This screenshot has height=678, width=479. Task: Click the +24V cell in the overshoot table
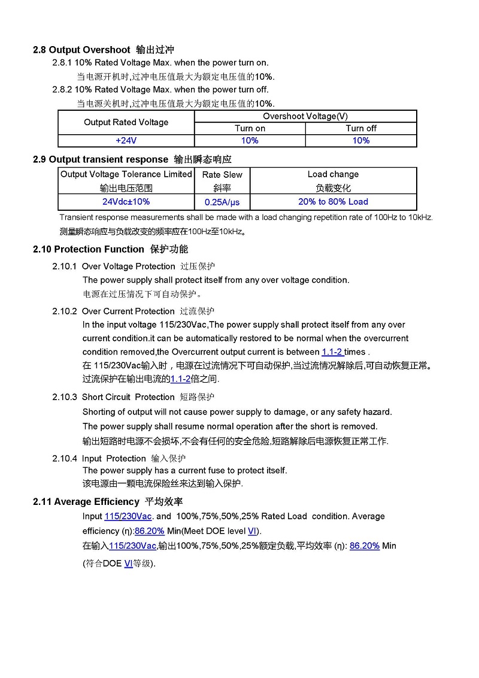click(126, 141)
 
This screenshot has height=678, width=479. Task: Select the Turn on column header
click(250, 128)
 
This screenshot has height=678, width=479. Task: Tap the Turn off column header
click(361, 128)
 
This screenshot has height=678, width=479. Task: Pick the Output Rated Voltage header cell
click(126, 122)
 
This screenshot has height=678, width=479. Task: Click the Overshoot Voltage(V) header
click(305, 116)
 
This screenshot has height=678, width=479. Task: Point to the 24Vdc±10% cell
click(126, 202)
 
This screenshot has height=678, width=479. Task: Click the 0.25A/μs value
click(222, 202)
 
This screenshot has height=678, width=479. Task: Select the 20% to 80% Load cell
click(333, 202)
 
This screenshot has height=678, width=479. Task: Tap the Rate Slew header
click(222, 175)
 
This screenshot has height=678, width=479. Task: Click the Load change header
click(333, 174)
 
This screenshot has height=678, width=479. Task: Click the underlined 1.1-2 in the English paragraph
click(332, 352)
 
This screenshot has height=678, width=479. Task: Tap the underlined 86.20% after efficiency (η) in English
click(150, 531)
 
